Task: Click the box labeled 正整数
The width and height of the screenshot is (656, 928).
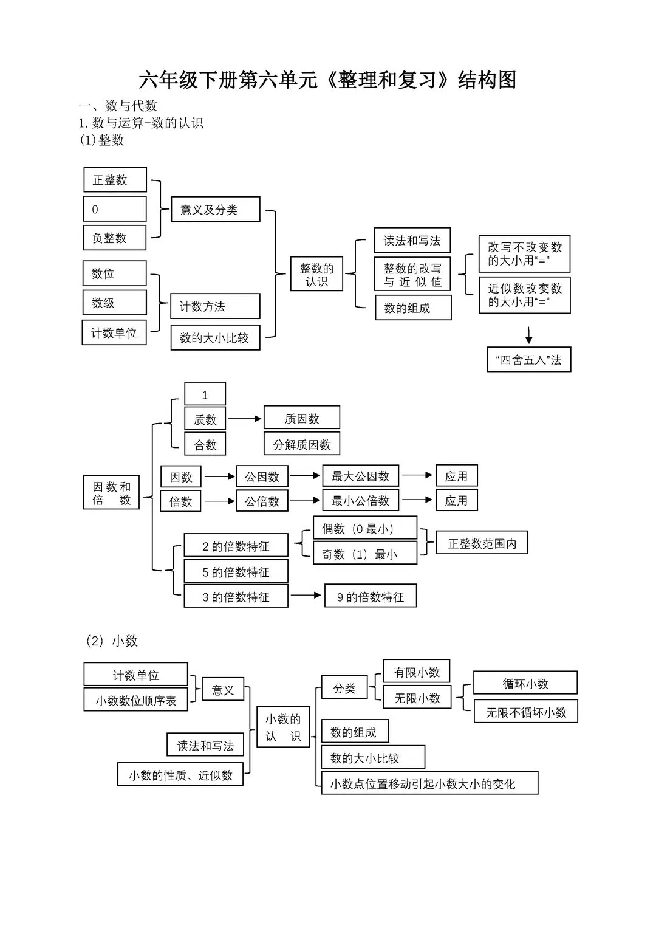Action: (115, 180)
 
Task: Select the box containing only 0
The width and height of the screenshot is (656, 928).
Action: (115, 209)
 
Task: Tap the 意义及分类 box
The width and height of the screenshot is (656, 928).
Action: (215, 210)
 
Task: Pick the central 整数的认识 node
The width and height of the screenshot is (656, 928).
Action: (316, 275)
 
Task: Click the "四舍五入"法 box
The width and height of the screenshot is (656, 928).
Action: (528, 360)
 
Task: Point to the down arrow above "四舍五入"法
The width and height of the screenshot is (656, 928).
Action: (528, 335)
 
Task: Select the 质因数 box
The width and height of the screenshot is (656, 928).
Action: (301, 419)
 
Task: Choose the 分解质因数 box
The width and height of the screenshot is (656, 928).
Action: (301, 444)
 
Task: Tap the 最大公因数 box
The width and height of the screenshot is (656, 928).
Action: (360, 476)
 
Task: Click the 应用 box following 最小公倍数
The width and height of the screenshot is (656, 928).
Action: (456, 501)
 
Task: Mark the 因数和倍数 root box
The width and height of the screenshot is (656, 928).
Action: (111, 493)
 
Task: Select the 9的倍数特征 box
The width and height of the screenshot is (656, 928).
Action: (370, 597)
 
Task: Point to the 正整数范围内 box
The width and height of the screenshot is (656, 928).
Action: (482, 543)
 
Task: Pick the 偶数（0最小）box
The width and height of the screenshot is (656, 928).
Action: (364, 529)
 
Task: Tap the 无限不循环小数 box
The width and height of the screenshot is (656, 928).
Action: (525, 712)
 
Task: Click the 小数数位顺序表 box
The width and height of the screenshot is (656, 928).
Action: (135, 700)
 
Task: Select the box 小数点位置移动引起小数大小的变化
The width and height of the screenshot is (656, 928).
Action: (429, 784)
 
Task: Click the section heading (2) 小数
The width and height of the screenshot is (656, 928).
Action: (112, 641)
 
